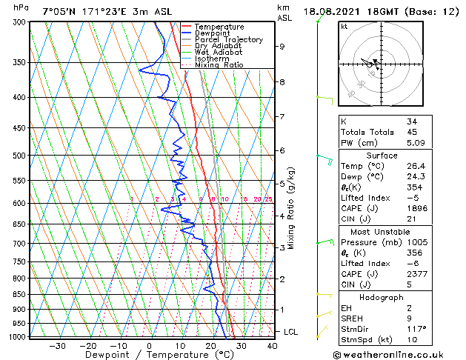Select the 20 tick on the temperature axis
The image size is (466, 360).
tap(211, 346)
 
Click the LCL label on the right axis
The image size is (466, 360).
tap(290, 331)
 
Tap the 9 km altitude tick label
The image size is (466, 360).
tap(282, 46)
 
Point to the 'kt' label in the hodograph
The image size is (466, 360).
tap(344, 27)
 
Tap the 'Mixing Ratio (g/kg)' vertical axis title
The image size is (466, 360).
tap(292, 208)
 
